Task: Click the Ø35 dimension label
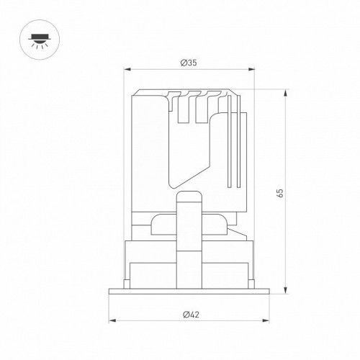coord(189,63)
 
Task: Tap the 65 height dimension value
coord(279,192)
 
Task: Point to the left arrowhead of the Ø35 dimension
coord(127,71)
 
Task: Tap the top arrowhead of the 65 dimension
coord(287,91)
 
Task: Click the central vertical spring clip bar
coord(190,245)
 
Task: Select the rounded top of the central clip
coord(190,196)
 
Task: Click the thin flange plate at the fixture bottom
coord(190,289)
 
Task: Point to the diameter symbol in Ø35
coord(183,63)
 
